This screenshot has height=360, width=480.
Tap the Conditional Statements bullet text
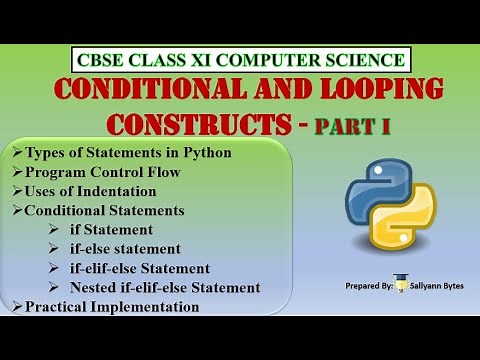pyautogui.click(x=104, y=210)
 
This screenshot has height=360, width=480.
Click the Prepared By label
pyautogui.click(x=364, y=286)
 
